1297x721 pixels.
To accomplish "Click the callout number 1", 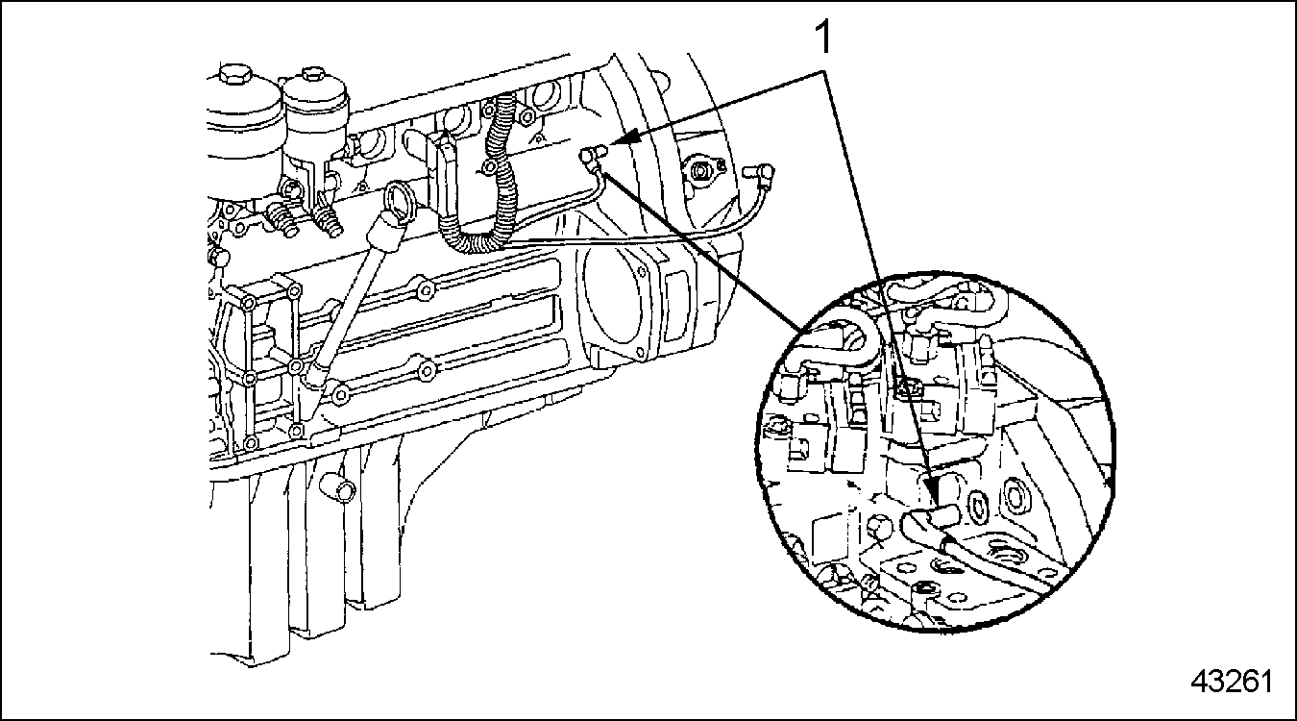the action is [823, 37].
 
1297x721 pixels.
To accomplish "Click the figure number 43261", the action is [1232, 682].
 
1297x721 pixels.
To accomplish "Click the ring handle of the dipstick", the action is [401, 197].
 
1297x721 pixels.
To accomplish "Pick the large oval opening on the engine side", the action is [615, 304].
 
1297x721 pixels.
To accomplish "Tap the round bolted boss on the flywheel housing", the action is [702, 170].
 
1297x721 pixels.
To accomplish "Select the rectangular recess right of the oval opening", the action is [676, 308].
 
